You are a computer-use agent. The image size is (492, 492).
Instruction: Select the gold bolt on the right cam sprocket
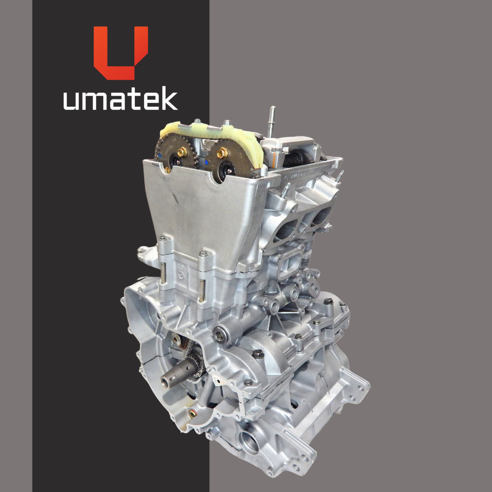coord(222,153)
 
